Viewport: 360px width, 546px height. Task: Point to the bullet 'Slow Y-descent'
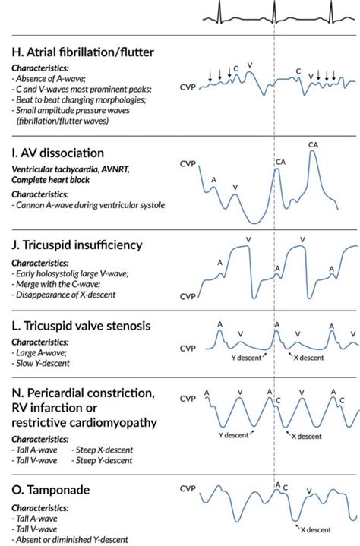tap(43, 363)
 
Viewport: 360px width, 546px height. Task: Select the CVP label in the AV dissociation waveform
tap(189, 163)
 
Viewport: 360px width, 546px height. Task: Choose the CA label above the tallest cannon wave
tap(313, 144)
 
